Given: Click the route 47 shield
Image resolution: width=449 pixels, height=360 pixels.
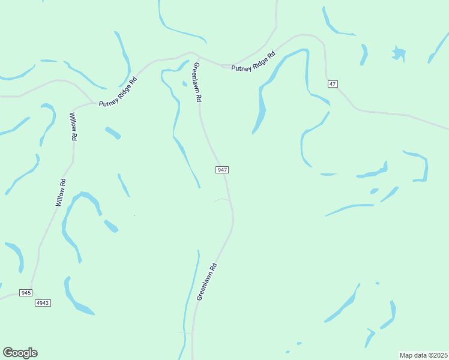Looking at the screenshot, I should (x=332, y=83).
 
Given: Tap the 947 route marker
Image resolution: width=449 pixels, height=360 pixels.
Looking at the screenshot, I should (x=221, y=170).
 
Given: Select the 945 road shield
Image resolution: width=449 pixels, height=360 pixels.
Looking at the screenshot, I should (x=25, y=292).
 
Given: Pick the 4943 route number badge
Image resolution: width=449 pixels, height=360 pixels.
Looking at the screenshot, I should (x=43, y=303).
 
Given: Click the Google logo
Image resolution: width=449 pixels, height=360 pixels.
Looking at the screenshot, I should (x=20, y=353).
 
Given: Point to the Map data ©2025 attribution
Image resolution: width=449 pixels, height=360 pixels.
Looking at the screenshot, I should (x=423, y=355).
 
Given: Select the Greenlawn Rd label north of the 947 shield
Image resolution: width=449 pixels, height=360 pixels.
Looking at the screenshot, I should (x=196, y=82).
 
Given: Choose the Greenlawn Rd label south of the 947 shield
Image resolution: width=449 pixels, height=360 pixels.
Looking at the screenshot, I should (x=206, y=281).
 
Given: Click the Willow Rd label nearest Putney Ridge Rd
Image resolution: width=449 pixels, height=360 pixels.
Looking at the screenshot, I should (x=73, y=127).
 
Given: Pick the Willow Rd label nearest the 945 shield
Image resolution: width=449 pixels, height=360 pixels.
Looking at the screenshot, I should (x=60, y=193).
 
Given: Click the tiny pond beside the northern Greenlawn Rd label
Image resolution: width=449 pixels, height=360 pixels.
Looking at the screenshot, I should (x=184, y=83).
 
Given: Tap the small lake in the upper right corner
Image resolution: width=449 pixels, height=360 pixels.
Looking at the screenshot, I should (x=399, y=53).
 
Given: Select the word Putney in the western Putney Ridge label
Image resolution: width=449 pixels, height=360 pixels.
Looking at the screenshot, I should (x=109, y=100).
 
